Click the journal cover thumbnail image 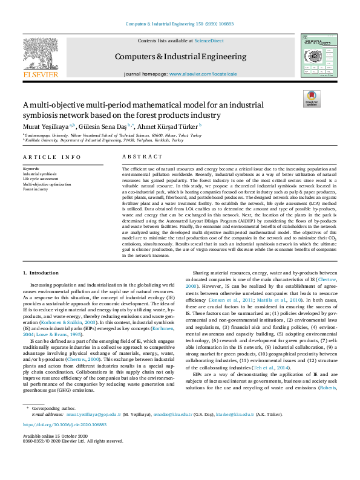tap(318, 55)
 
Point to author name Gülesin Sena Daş tap(100, 126)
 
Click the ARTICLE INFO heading tap(51, 157)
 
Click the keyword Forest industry tap(35, 189)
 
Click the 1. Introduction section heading tap(41, 274)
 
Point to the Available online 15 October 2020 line tap(55, 436)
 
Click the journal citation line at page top tap(180, 24)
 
